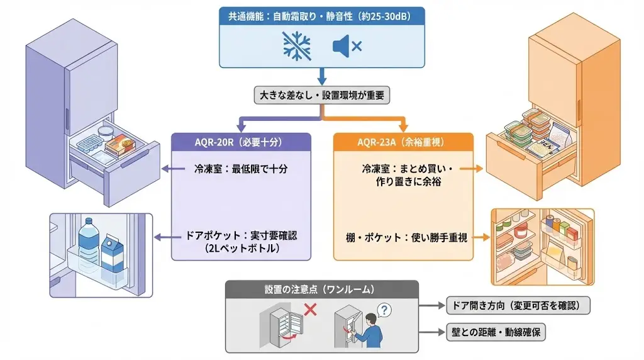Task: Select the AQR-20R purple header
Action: [x=241, y=142]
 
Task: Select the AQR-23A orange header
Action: [x=402, y=142]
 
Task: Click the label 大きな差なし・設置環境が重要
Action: [x=322, y=95]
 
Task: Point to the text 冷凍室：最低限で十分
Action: [x=241, y=169]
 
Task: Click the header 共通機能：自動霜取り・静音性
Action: [x=321, y=16]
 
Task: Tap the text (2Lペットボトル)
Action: [x=241, y=248]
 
